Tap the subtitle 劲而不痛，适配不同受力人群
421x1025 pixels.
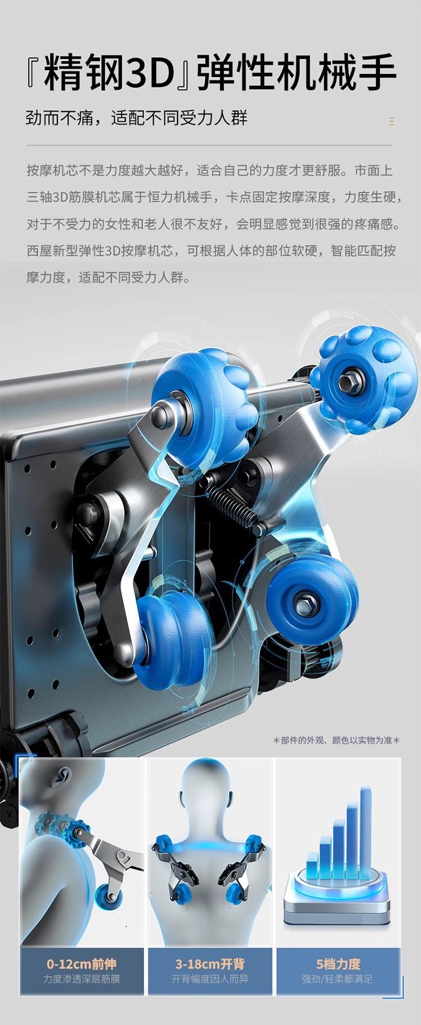pos(136,118)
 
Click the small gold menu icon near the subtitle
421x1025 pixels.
pos(391,121)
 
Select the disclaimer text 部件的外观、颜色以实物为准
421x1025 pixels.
pos(336,740)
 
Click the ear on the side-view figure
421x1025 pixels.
pos(63,778)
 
